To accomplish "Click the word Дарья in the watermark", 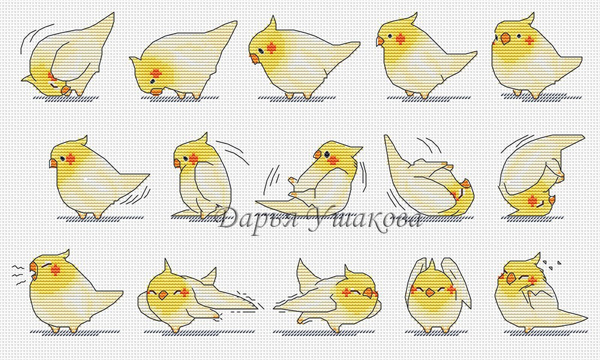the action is click(257, 219).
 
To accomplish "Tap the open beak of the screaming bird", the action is click(34, 271).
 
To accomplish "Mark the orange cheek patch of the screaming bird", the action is click(55, 269).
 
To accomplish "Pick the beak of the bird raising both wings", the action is click(430, 293).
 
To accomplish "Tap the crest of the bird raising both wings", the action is click(431, 265).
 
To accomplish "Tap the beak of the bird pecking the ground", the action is click(156, 91).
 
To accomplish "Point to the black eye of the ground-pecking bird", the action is click(152, 82).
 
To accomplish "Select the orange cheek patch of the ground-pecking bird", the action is click(156, 73).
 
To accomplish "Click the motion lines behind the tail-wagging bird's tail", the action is click(134, 194).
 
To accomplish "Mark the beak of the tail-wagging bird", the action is click(53, 163).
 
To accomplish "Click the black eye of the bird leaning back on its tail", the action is click(328, 154).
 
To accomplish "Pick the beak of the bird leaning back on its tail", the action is click(317, 154).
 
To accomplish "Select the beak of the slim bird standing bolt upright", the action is click(177, 163).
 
